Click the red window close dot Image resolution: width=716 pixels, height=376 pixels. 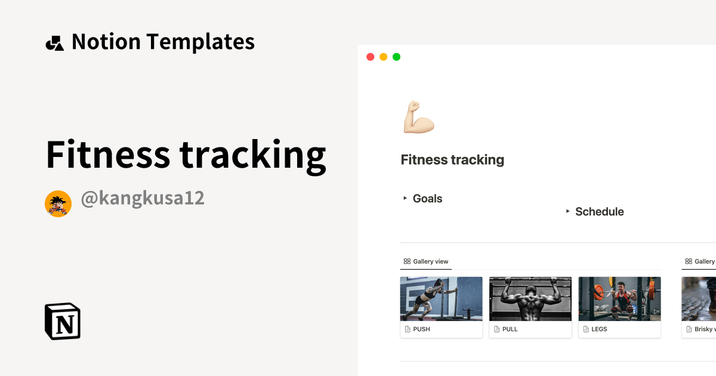pos(370,57)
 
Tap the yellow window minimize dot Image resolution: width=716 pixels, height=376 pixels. pos(383,57)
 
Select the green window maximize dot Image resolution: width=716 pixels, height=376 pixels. pos(396,57)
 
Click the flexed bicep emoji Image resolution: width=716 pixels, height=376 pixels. pos(418,117)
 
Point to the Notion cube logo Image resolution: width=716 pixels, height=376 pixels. pos(63,321)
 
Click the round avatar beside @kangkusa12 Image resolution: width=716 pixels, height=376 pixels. pos(58,204)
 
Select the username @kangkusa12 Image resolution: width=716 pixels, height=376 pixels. pos(143,198)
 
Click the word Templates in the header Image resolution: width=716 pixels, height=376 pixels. pos(200,42)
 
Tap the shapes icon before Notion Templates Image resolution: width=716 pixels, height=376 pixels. pos(54,43)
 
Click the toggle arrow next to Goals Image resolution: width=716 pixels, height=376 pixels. pos(405,198)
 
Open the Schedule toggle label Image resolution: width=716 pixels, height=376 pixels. pos(599,212)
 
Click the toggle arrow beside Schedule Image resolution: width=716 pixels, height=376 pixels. pos(567,211)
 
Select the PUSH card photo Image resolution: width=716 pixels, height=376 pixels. pos(441,298)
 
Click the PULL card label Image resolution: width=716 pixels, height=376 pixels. pos(510,329)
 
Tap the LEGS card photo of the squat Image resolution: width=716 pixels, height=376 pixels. pos(619,298)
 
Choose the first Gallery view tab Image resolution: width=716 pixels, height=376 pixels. pos(425,261)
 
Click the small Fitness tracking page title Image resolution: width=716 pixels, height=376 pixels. pos(452,160)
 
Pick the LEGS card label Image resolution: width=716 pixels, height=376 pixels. pos(599,329)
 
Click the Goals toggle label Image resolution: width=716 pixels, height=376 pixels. pos(427,199)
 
